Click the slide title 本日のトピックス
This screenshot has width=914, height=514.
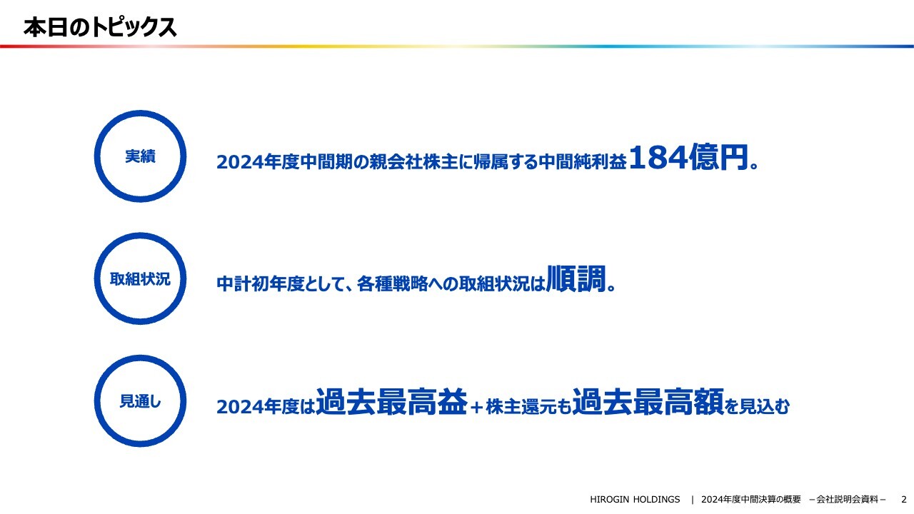pos(100,27)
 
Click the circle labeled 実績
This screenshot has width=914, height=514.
pos(140,156)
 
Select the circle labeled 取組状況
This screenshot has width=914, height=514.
pos(140,279)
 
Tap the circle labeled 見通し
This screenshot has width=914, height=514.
pos(140,401)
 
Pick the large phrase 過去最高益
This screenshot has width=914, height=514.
pos(391,403)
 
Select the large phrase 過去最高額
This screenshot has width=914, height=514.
pos(648,403)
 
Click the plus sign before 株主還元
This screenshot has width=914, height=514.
pos(477,407)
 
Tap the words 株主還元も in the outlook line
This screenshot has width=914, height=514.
pos(528,407)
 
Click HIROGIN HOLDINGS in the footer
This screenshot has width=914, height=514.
pos(635,499)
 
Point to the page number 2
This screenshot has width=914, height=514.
pos(903,499)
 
